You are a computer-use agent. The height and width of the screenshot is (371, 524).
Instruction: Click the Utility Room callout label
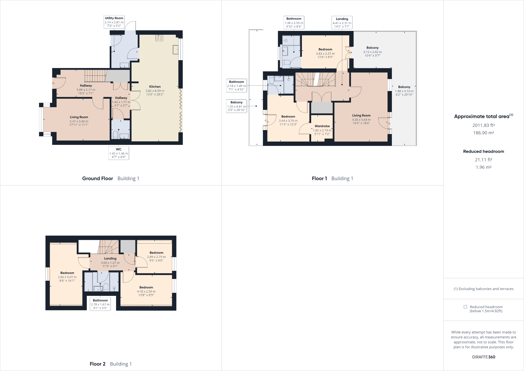tap(114, 22)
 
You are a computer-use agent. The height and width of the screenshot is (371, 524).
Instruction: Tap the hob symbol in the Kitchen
tap(159, 38)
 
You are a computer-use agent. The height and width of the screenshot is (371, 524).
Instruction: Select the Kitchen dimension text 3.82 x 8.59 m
tap(155, 91)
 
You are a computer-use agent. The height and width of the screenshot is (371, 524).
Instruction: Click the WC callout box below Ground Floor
tap(118, 153)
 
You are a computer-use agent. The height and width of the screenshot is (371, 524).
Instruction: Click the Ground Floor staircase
tap(95, 75)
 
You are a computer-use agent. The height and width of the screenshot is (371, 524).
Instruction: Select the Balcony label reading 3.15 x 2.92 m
tap(372, 51)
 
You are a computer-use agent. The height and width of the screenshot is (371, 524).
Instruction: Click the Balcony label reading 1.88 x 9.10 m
tap(404, 90)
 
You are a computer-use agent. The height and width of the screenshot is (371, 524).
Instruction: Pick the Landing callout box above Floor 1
tap(342, 23)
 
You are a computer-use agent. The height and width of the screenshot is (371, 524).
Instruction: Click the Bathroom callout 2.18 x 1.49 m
tap(236, 86)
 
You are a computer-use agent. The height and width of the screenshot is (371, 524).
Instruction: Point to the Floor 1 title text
tap(319, 179)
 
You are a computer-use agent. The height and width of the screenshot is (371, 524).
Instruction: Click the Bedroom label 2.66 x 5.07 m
tap(67, 277)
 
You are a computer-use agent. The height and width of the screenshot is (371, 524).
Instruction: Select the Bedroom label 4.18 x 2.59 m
tap(146, 291)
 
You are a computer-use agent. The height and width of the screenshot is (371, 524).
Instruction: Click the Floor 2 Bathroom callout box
tap(100, 304)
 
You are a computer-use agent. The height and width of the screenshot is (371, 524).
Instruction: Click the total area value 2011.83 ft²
tap(483, 125)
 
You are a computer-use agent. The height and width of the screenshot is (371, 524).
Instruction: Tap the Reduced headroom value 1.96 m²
tap(483, 167)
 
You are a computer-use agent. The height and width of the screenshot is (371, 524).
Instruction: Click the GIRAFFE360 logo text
tap(483, 357)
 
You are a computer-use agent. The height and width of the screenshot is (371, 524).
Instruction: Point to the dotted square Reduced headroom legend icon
tap(465, 307)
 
